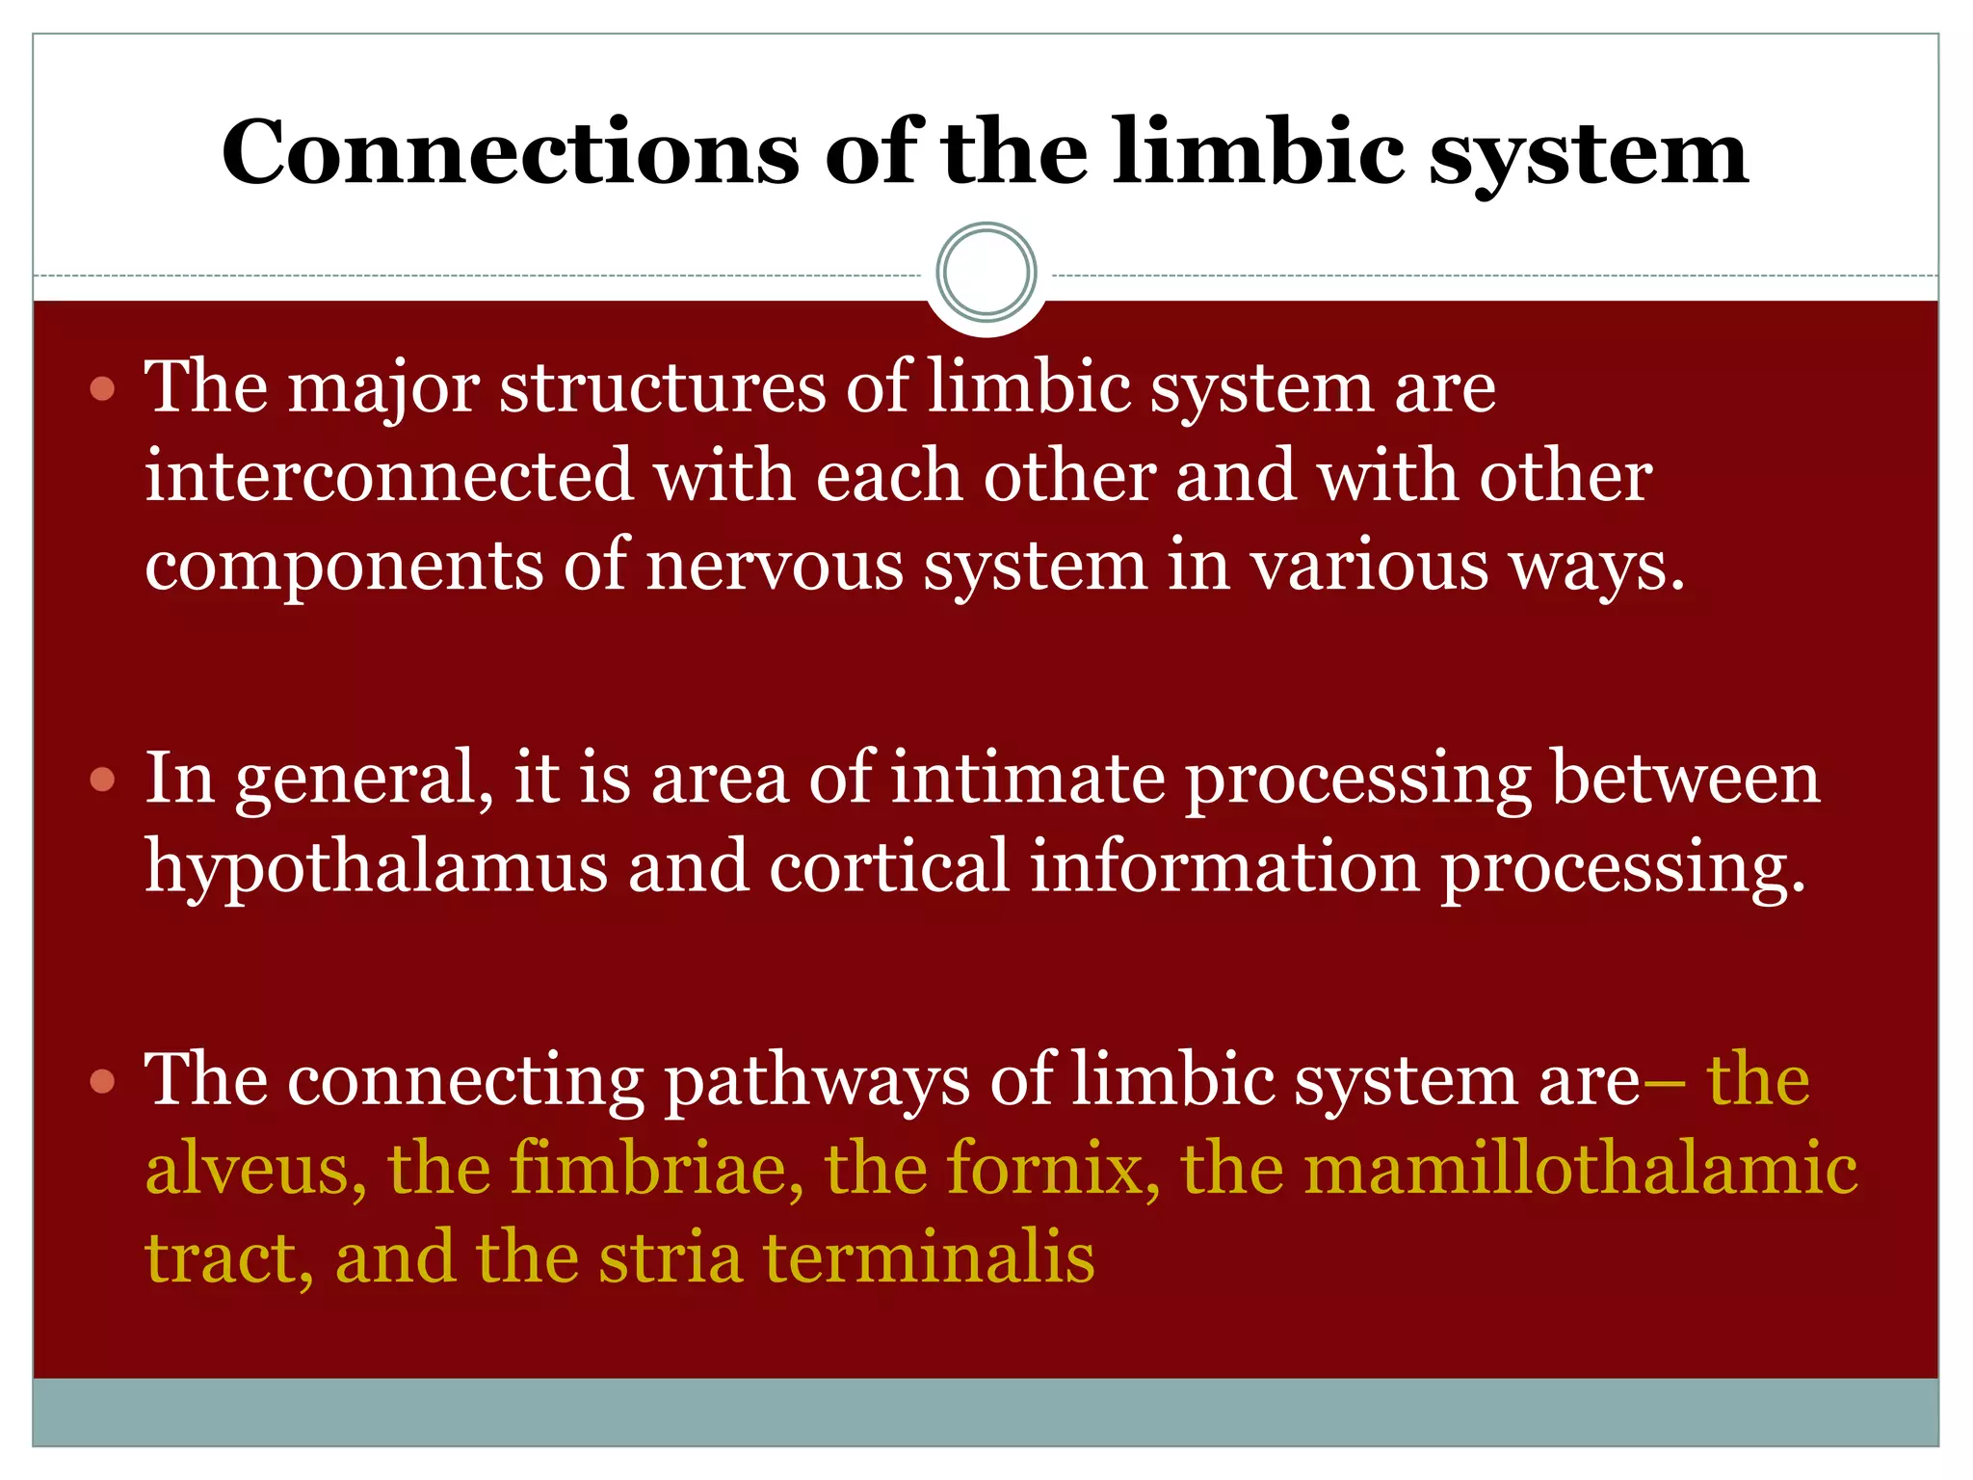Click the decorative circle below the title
coord(986,273)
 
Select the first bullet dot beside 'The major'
coord(102,390)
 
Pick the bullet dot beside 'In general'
coord(102,779)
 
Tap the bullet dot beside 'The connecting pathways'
coord(102,1081)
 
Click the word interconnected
coord(388,476)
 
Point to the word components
coord(344,567)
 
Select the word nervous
coord(775,567)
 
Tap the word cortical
coord(888,865)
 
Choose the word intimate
coord(1027,778)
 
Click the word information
coord(1224,865)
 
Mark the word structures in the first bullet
coord(662,388)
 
